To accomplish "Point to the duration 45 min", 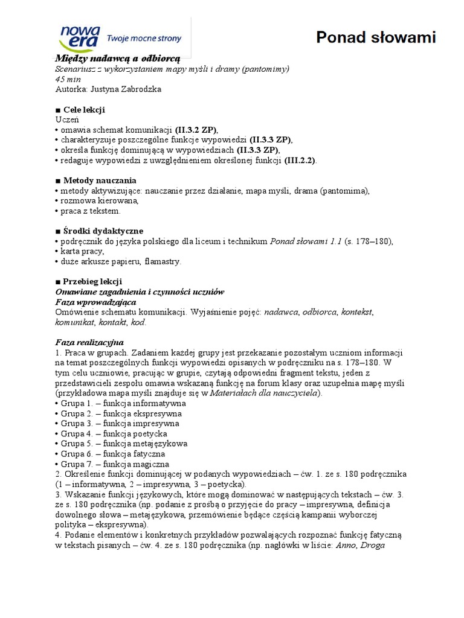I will click(x=68, y=78).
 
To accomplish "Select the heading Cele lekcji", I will click(x=83, y=109).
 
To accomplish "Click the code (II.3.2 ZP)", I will click(x=196, y=130).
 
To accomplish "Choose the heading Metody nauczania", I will click(x=99, y=180).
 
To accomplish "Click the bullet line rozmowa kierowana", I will click(x=100, y=200).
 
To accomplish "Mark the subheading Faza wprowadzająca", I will click(x=95, y=302).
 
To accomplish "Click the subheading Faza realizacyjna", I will click(x=89, y=342).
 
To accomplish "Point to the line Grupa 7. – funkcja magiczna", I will click(x=115, y=464).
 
